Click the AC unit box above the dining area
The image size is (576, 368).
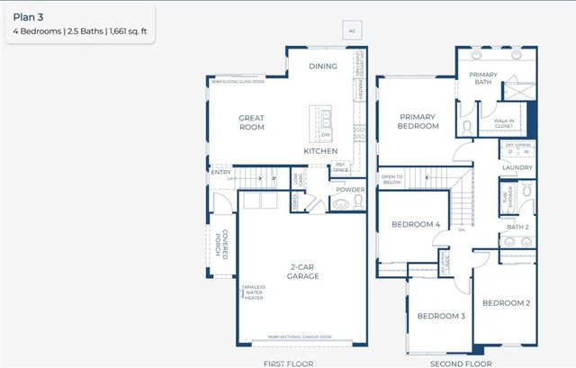pos(354,31)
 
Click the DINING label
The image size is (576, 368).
pos(323,66)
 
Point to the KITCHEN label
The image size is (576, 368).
pos(319,151)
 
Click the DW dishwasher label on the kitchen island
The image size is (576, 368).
pos(326,135)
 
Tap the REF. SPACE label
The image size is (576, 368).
pos(341,166)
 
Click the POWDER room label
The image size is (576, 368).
pos(349,189)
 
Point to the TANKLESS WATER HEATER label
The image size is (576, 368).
pos(254,293)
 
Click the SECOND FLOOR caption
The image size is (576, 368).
pos(462,363)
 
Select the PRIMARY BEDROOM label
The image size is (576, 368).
pos(418,121)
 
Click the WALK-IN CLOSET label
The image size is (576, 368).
pos(504,123)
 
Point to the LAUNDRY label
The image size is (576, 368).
pos(517,167)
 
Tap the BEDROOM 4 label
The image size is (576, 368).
pos(416,224)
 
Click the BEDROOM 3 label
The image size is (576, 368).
pos(440,316)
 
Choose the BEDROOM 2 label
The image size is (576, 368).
pos(507,303)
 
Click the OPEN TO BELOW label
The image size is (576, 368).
pos(392,178)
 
